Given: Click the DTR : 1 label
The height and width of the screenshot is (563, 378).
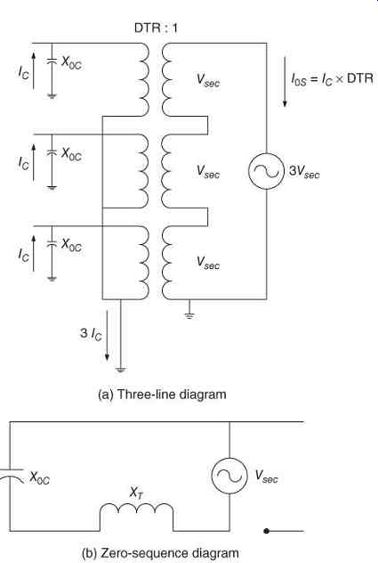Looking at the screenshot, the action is (156, 28).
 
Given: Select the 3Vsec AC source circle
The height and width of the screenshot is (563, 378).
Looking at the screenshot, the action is (267, 171).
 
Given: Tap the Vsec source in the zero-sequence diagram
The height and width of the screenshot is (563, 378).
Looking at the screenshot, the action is (229, 476).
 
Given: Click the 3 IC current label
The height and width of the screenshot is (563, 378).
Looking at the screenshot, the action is (91, 334).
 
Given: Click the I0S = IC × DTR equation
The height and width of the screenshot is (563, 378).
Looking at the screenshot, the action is (332, 78).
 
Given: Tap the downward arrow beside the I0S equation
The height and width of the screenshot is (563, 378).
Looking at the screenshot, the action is (285, 81).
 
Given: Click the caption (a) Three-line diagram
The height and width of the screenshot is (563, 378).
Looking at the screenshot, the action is (162, 395).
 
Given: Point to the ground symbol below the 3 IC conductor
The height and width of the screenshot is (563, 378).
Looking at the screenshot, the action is (120, 369).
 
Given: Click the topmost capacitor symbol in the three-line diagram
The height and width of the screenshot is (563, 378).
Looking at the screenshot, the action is (52, 61).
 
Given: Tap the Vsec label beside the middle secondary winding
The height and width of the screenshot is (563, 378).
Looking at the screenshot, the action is (208, 171).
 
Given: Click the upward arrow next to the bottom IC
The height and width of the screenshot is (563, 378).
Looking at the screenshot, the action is (34, 254).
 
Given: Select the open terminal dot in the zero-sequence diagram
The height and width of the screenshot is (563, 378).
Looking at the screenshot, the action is (266, 531).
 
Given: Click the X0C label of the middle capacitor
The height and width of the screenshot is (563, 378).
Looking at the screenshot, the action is (71, 154).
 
